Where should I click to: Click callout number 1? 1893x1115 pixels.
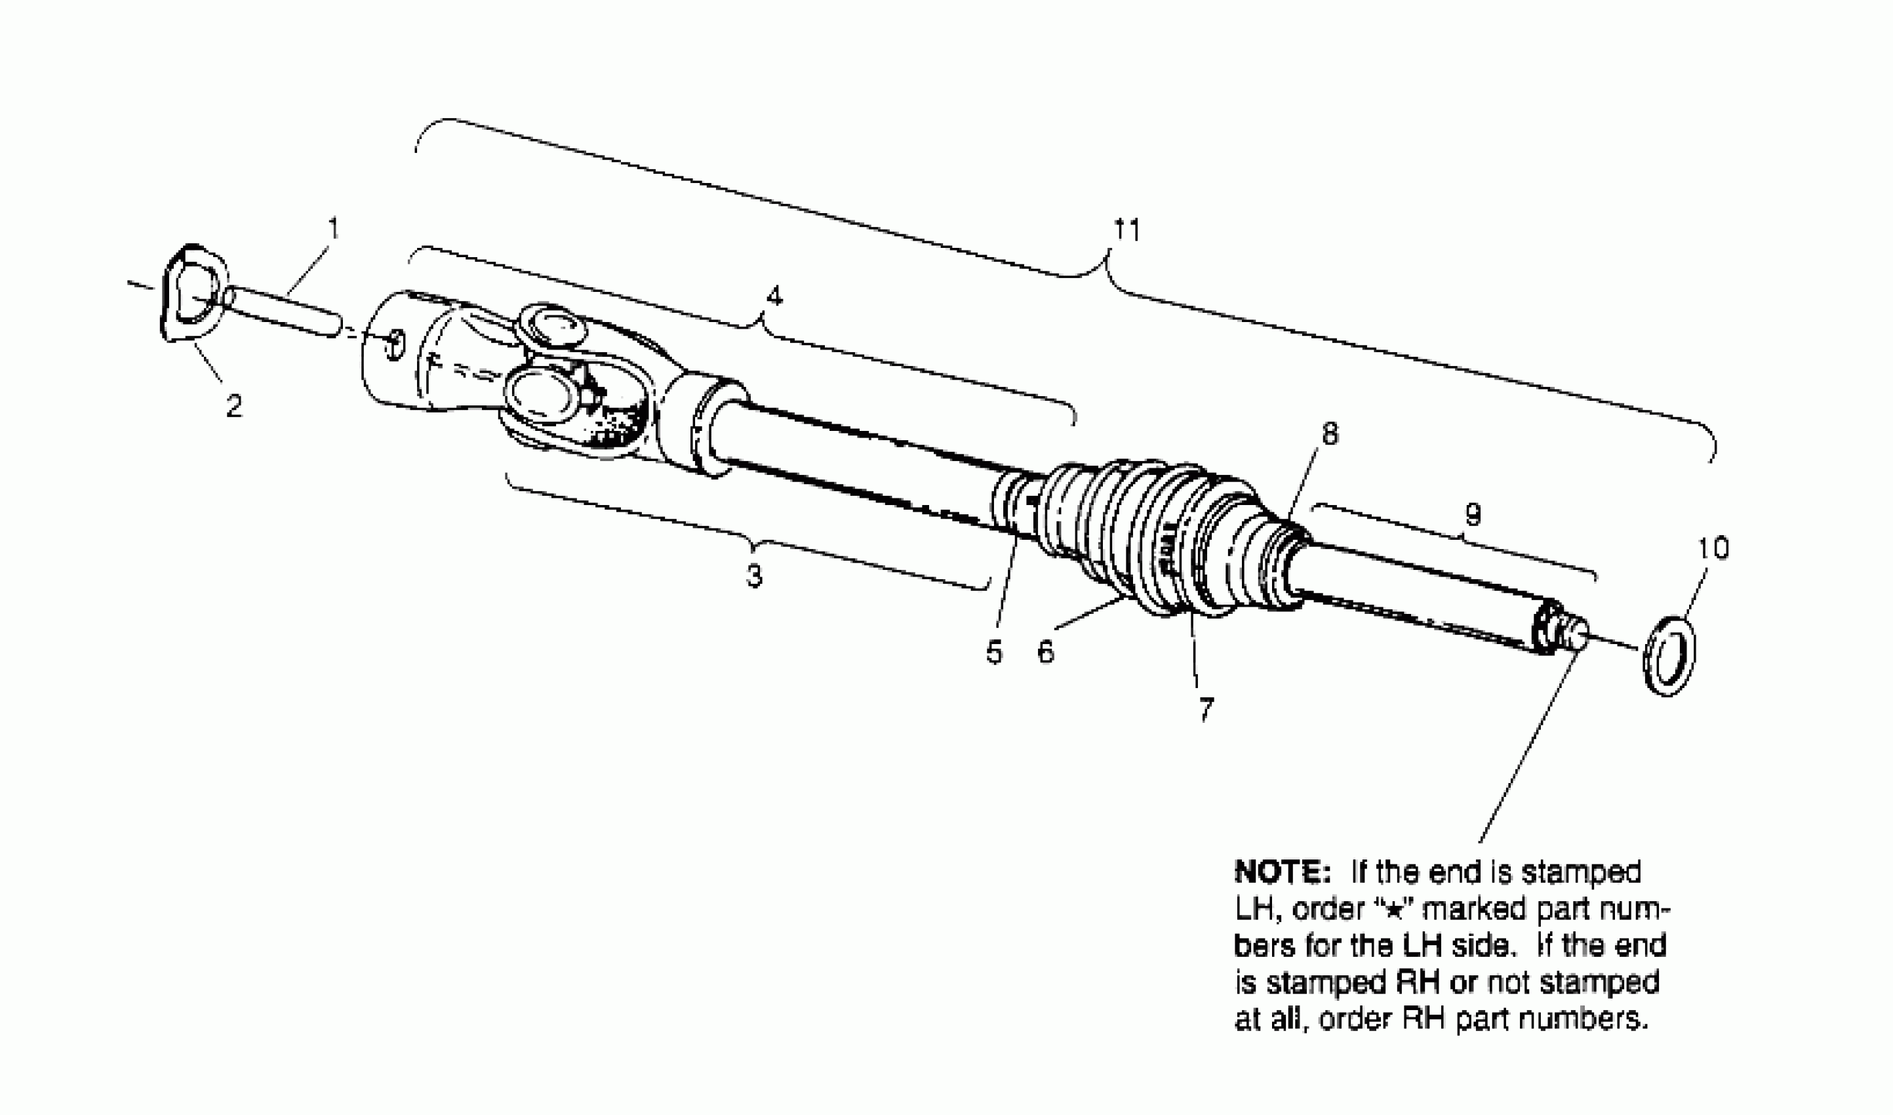tap(334, 228)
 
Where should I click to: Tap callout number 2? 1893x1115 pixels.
tap(233, 407)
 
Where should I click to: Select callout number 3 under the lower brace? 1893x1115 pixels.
tap(754, 575)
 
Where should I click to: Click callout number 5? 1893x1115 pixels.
tap(994, 652)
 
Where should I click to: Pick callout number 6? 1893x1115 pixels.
tap(1046, 652)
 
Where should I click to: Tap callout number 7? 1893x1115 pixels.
tap(1206, 708)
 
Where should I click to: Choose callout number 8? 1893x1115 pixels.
tap(1330, 434)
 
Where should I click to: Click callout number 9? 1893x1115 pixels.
tap(1473, 515)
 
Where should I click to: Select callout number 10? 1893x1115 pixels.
tap(1713, 548)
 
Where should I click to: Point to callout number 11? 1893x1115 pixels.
tap(1126, 229)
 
